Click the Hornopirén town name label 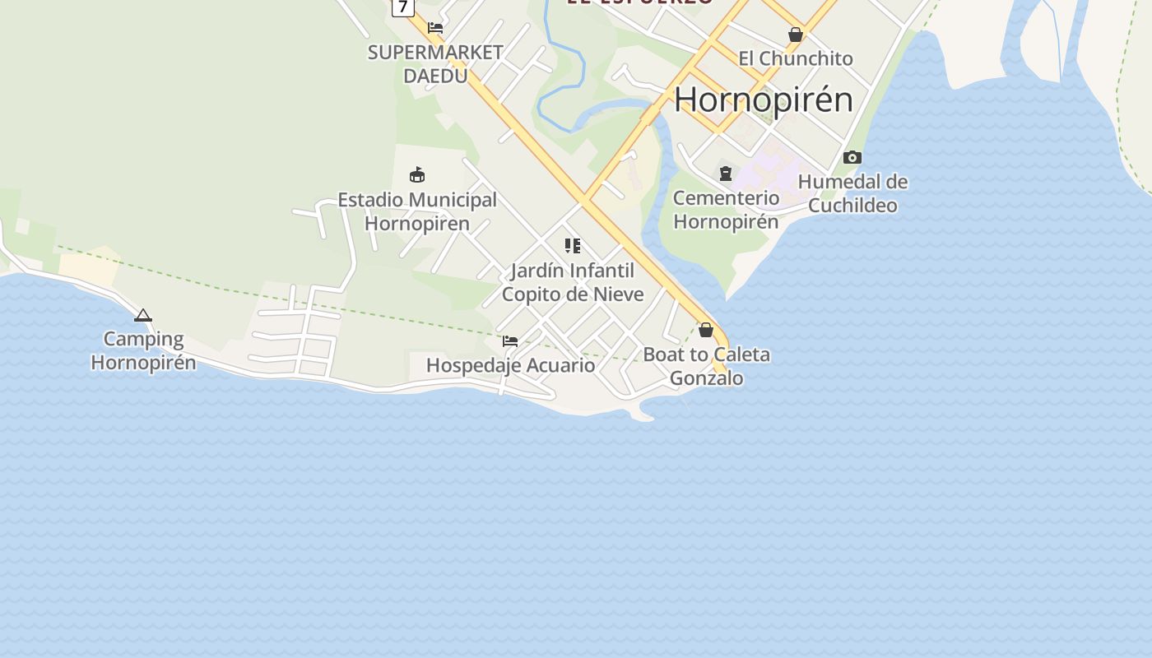pos(764,100)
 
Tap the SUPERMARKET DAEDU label pos(435,64)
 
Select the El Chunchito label pos(796,58)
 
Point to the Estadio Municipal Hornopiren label pos(417,211)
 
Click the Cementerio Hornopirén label pos(726,210)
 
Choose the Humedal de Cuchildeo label pos(852,193)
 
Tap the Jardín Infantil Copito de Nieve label pos(573,282)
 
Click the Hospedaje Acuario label pos(510,365)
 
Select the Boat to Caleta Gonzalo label pos(706,366)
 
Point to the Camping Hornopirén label pos(143,350)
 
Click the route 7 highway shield pos(402,7)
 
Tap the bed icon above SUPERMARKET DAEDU pos(435,28)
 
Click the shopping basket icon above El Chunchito pos(796,35)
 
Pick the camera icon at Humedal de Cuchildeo pos(852,157)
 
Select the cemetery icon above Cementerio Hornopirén pos(726,174)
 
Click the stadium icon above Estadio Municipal pos(417,174)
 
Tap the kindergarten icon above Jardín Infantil pos(573,245)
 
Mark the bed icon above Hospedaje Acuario pos(510,341)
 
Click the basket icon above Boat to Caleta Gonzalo pos(706,330)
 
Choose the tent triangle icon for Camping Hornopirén pos(143,315)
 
